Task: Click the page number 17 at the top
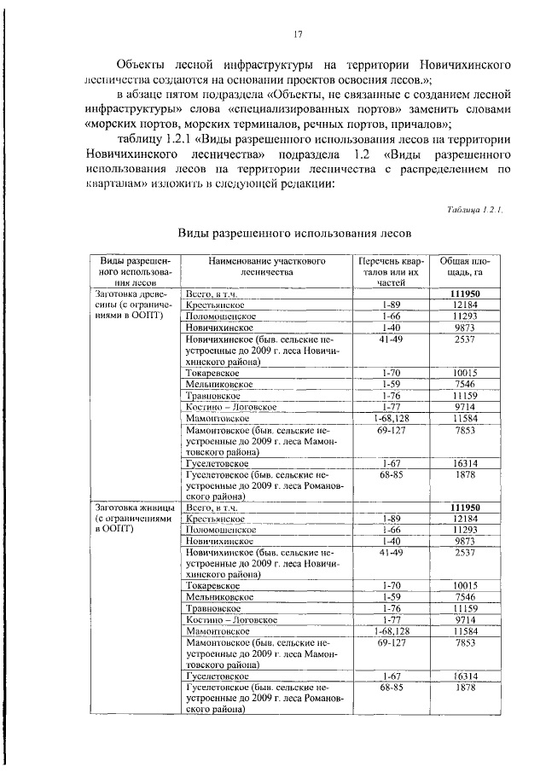[x=298, y=34]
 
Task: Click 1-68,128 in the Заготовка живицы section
[x=392, y=630]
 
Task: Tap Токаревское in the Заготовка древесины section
[x=212, y=373]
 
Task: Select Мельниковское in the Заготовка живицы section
[x=217, y=597]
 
